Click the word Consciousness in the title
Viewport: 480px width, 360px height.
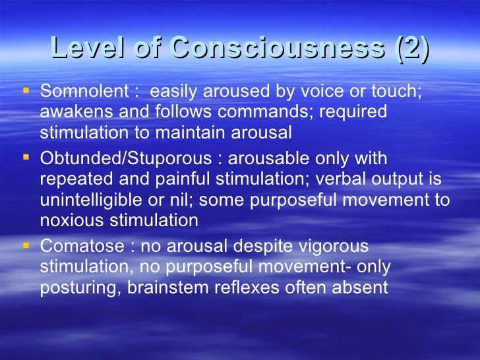coord(276,48)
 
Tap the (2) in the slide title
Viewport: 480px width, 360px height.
coord(410,48)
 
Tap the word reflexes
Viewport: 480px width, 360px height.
coord(250,289)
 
